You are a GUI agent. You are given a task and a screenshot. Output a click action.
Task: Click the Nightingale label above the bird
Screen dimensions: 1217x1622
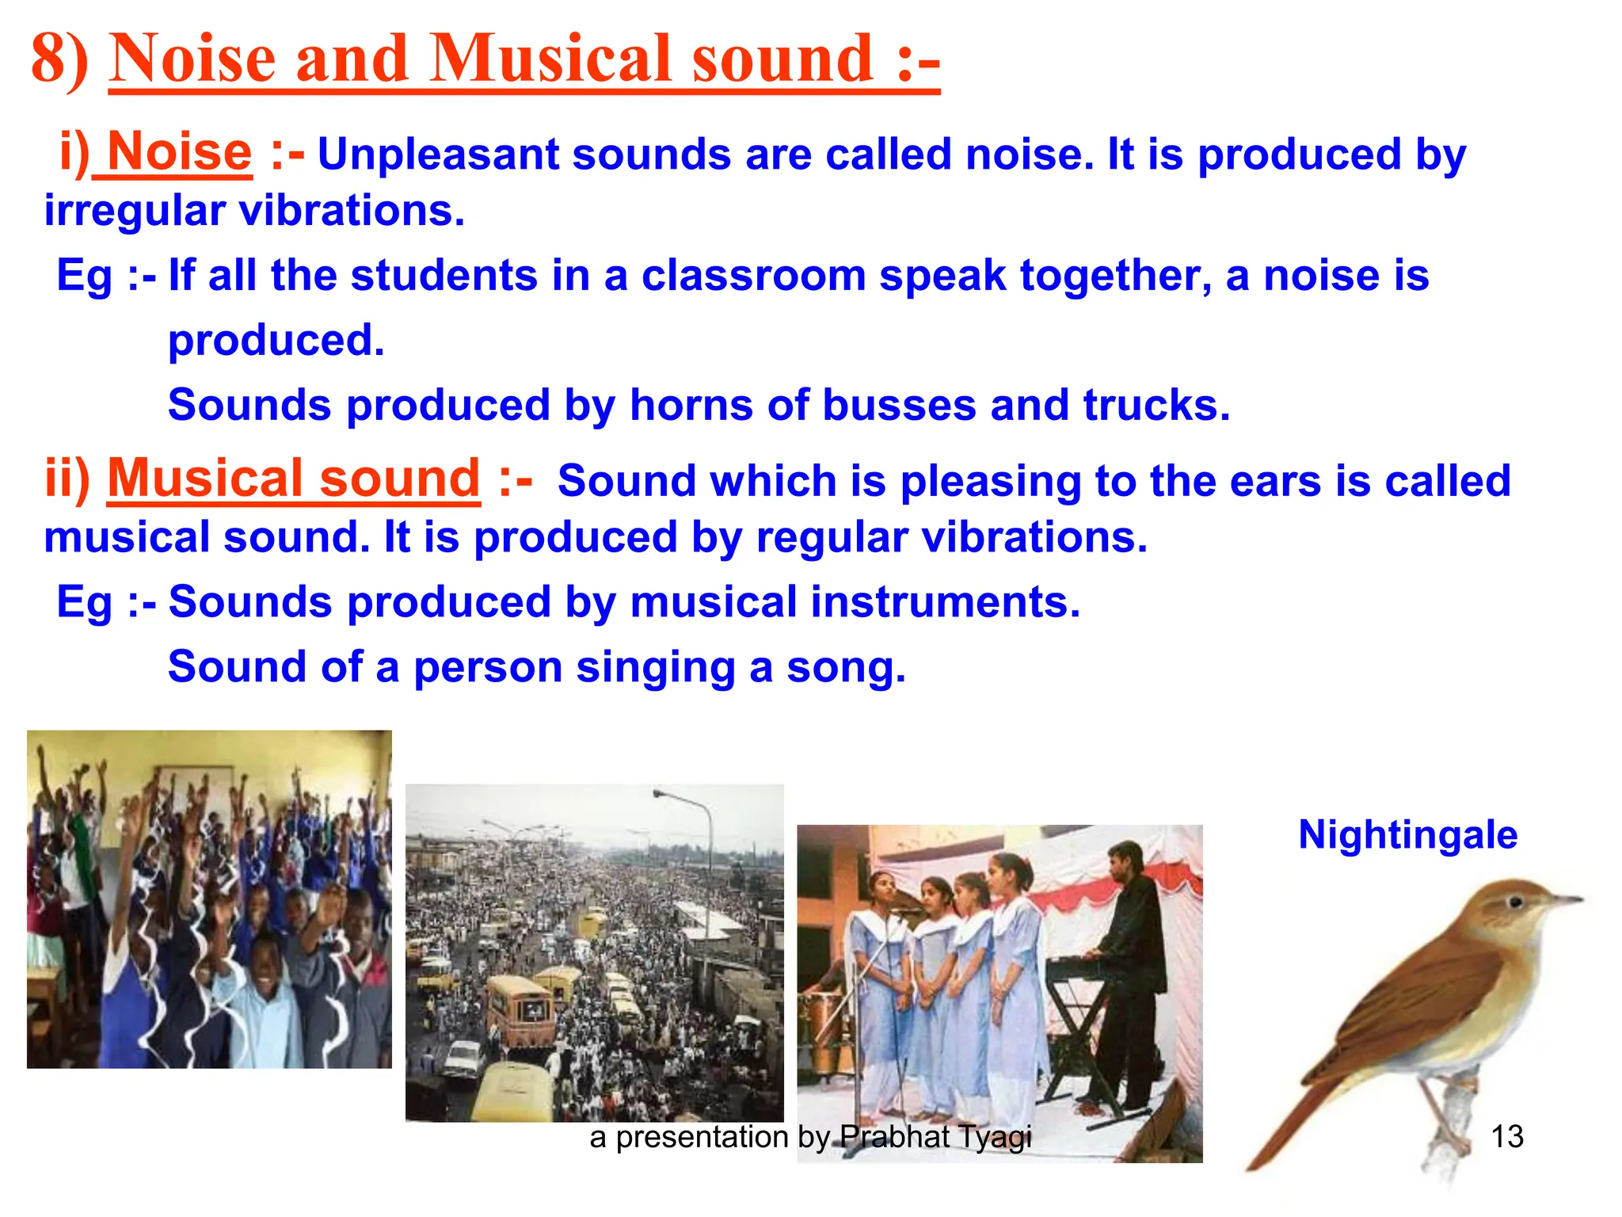point(1407,835)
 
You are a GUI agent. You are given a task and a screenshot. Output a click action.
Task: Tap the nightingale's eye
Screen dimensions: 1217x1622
point(1515,902)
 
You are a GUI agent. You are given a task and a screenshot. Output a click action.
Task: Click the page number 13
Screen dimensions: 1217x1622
point(1506,1137)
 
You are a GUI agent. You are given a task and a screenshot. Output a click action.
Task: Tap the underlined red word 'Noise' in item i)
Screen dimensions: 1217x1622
point(179,151)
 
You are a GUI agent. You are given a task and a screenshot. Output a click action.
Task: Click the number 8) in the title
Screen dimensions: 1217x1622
point(59,59)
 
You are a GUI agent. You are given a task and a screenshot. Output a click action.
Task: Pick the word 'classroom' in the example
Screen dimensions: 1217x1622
point(753,276)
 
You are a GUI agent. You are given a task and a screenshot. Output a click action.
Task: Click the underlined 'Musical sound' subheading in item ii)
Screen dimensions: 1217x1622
point(293,479)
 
